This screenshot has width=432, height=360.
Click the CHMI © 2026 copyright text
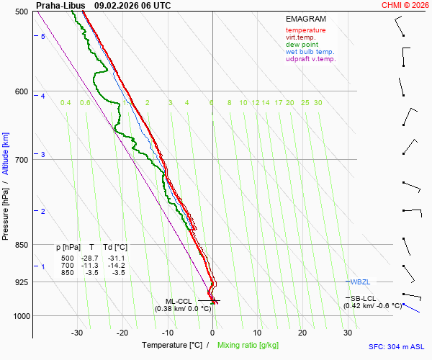click(406, 5)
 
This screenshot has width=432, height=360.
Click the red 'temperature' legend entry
click(305, 30)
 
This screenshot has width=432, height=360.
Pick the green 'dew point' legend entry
click(302, 45)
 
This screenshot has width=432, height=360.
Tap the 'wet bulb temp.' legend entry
click(310, 52)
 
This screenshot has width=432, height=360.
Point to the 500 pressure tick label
click(22, 12)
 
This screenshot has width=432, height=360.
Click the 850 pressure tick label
click(22, 245)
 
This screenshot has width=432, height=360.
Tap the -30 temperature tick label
click(77, 333)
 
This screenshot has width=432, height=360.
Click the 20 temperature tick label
click(302, 333)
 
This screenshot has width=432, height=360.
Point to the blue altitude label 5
click(43, 36)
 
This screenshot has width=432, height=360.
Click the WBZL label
click(359, 282)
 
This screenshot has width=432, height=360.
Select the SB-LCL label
click(363, 298)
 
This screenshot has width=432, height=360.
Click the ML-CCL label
click(179, 301)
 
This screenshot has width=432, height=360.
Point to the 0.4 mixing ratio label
click(66, 103)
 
